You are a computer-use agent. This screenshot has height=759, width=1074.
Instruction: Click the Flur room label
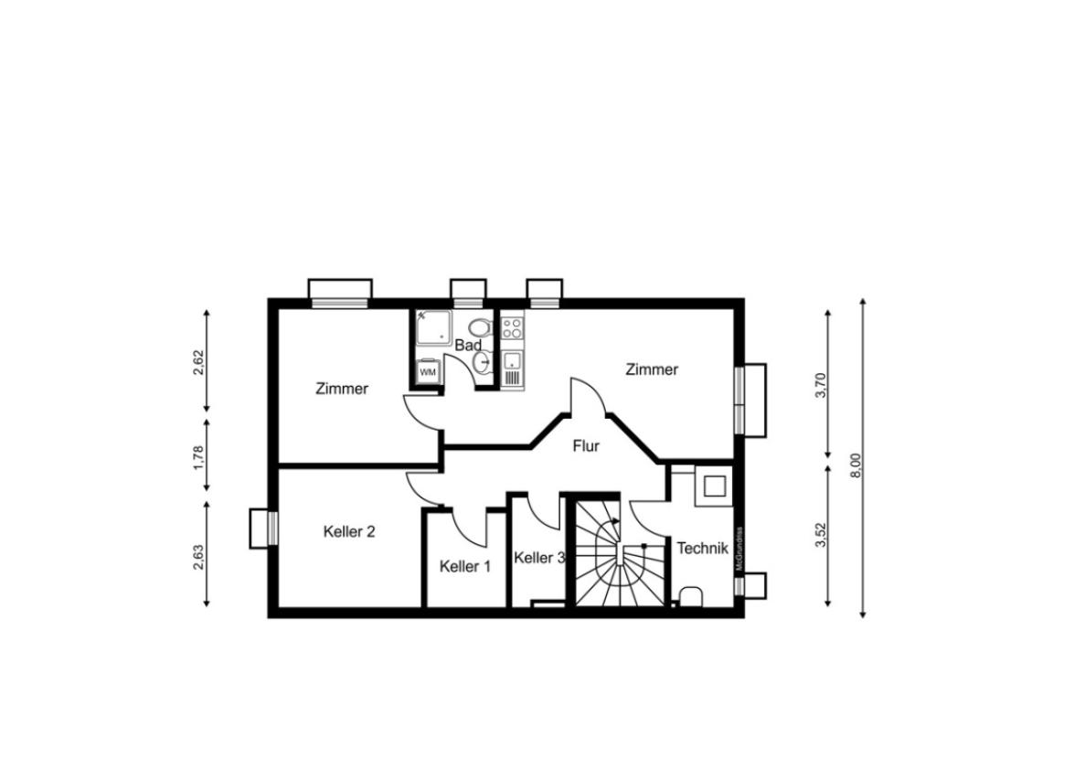click(586, 446)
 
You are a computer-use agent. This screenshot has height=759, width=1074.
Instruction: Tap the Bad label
click(469, 346)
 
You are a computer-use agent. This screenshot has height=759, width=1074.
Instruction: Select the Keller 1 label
click(465, 567)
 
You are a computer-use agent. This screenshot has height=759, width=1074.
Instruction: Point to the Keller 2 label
click(349, 531)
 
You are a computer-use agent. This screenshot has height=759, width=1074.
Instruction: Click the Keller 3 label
click(539, 558)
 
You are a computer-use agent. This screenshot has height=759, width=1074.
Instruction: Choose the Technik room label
click(702, 548)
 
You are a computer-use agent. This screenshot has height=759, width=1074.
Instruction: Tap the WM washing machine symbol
click(428, 370)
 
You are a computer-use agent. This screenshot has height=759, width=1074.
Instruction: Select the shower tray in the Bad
click(433, 326)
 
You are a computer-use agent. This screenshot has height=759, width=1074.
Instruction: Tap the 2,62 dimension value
click(198, 363)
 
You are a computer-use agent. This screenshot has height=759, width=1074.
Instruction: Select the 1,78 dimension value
click(198, 457)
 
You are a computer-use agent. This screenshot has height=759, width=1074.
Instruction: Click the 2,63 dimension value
click(198, 557)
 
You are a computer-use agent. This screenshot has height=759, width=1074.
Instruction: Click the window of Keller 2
click(271, 528)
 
